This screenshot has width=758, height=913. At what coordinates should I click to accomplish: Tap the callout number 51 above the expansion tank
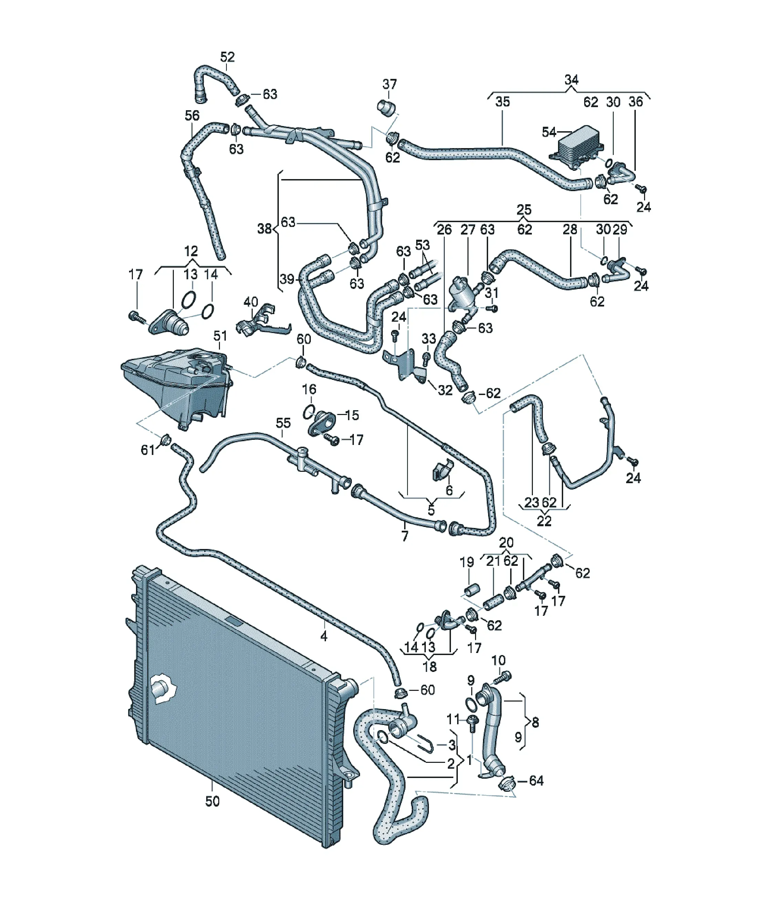pos(220,336)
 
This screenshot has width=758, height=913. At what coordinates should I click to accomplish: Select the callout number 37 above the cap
pos(389,84)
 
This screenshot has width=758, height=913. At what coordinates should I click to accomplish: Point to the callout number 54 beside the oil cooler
pos(549,132)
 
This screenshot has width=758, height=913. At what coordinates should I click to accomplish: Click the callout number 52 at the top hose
pos(227,57)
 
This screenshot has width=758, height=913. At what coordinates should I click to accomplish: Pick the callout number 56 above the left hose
pos(192,115)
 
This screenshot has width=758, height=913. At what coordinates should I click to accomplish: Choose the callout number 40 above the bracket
pos(251,302)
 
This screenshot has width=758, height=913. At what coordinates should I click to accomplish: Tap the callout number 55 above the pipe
pos(283,423)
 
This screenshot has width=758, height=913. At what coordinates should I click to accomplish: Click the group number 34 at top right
pos(571,80)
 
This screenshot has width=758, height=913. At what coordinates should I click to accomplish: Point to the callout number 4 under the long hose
pos(324,636)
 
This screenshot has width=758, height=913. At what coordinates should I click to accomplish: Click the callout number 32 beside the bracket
pos(445,390)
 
